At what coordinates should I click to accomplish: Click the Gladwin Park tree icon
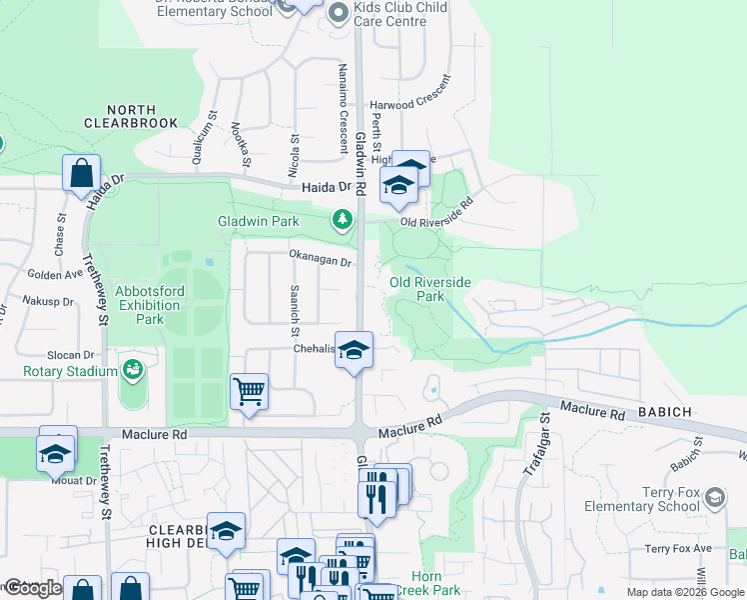pos(343,218)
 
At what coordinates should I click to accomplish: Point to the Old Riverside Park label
pos(429,289)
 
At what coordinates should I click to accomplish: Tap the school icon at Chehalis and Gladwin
pos(353,350)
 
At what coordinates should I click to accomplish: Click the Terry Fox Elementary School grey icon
pos(715,497)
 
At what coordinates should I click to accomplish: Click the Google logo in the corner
pos(32,588)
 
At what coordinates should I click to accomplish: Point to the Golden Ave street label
pos(55,274)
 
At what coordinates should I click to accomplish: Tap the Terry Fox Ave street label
pos(677,548)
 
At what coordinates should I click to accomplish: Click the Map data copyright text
pos(684,592)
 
